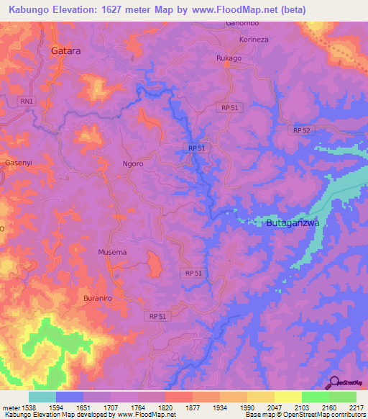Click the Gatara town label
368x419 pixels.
pos(65,52)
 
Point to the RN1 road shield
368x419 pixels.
pos(28,102)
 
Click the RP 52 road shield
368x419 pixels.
pos(302,130)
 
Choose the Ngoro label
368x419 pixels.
pos(134,163)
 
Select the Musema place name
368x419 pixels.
pos(112,253)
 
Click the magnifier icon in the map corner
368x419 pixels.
pos(333,383)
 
